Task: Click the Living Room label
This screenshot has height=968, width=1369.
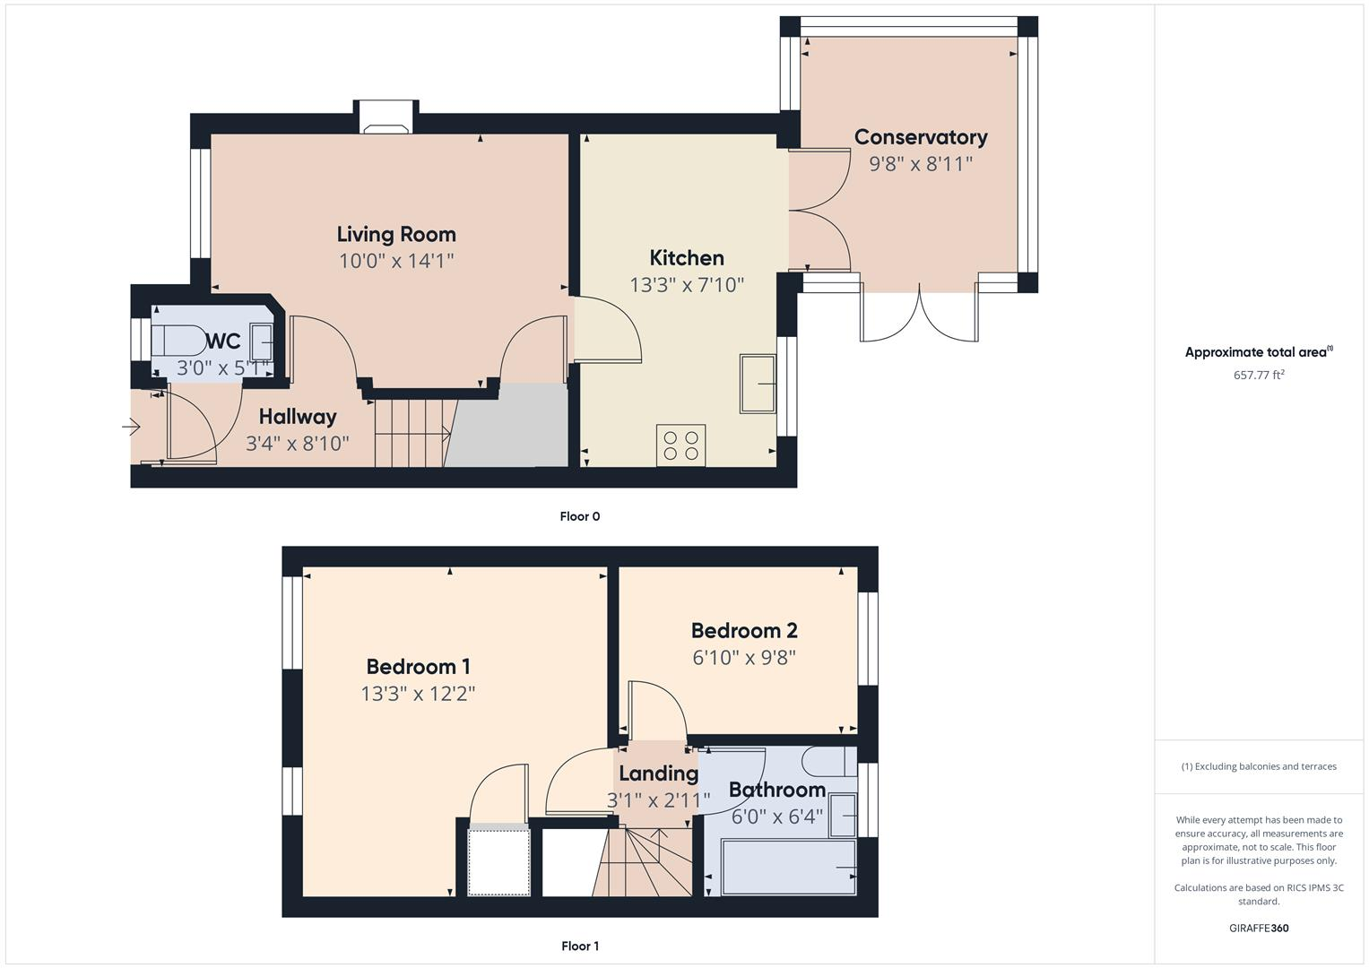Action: [396, 234]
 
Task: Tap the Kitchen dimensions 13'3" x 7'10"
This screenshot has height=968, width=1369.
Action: [687, 285]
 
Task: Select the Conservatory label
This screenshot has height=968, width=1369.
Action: [921, 137]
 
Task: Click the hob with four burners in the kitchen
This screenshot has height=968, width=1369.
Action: [681, 445]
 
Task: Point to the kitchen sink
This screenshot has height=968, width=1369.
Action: [758, 384]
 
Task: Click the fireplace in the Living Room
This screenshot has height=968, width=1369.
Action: [386, 125]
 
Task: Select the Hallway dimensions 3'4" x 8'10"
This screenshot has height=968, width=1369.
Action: [298, 444]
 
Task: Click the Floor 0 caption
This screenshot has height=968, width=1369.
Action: [580, 516]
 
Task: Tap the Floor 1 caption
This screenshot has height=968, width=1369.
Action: [580, 946]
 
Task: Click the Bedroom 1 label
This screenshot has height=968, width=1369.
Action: [418, 667]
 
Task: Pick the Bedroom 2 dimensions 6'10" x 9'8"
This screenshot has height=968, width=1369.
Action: [744, 657]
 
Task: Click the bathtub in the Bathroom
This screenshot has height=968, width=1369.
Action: [787, 868]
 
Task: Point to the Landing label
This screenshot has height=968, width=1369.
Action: [658, 774]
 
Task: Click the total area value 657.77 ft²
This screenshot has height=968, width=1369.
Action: [1259, 375]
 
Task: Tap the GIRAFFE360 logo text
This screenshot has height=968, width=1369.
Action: [1259, 928]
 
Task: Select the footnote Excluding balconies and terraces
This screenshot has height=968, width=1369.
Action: [1259, 766]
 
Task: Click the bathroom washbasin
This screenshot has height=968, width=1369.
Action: [843, 814]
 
